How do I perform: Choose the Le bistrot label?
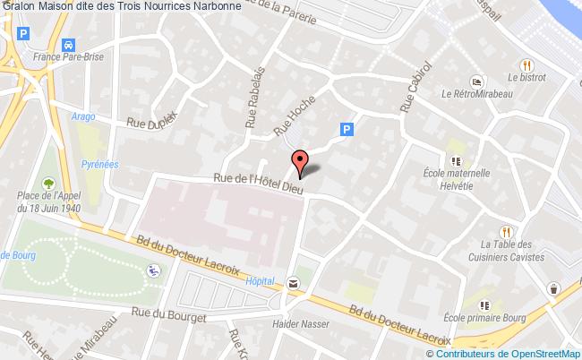coord(526,79)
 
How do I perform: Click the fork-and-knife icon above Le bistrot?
coord(527,64)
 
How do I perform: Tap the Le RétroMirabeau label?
coord(476,91)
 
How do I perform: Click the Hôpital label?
coord(258,281)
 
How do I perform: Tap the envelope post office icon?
coord(294,283)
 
